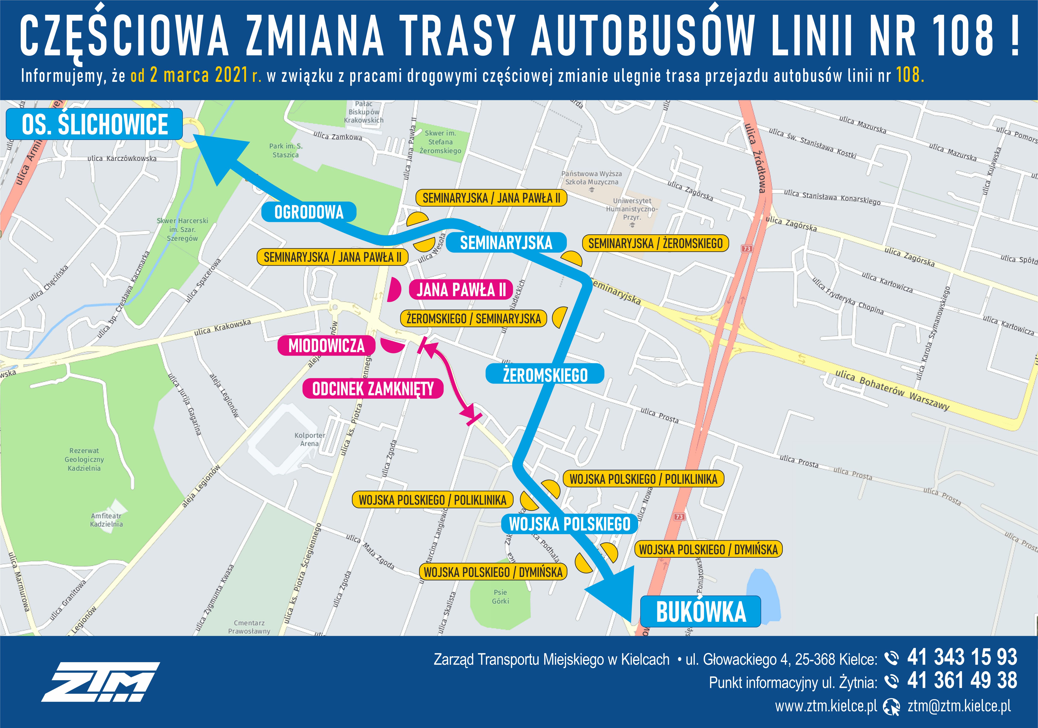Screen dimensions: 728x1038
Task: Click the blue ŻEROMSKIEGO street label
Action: point(545,374)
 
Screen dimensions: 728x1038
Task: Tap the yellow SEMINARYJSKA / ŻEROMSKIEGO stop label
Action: point(655,243)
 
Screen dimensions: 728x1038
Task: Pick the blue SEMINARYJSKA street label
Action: point(506,243)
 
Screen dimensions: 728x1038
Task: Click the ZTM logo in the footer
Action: point(100,682)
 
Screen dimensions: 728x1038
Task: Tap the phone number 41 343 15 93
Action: point(962,657)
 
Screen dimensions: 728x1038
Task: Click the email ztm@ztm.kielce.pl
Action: point(959,706)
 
